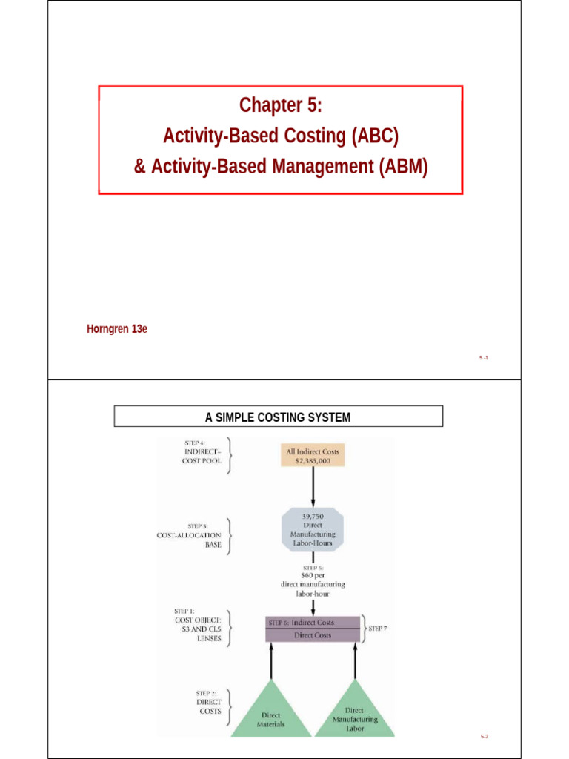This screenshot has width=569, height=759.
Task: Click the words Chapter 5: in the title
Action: click(x=281, y=106)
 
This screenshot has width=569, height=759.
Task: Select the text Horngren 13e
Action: click(x=117, y=329)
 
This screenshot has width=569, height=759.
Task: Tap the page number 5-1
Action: click(x=483, y=357)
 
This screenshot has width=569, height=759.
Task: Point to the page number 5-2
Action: click(x=485, y=736)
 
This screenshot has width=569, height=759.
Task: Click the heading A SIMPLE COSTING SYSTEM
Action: click(x=278, y=417)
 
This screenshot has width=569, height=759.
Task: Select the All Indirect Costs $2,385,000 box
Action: click(x=313, y=455)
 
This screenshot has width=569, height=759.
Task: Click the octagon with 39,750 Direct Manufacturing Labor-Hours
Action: click(x=313, y=528)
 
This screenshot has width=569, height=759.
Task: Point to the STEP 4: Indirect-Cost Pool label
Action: click(x=202, y=451)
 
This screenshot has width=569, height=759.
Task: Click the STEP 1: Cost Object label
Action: click(x=197, y=625)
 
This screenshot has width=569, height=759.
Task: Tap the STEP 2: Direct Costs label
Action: click(x=207, y=700)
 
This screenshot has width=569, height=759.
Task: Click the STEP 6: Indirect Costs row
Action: click(x=312, y=623)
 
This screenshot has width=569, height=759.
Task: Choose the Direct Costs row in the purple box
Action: click(x=313, y=635)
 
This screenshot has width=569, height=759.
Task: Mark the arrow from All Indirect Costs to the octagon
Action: click(x=313, y=485)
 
